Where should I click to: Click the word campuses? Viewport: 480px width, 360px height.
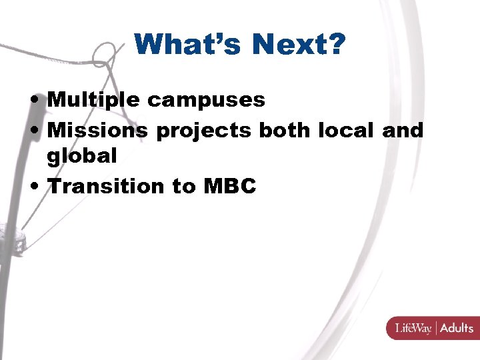(x=206, y=101)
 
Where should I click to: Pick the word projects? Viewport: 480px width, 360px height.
(x=203, y=131)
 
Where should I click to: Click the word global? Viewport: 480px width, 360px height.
(x=82, y=156)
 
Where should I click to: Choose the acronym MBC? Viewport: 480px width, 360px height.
(x=230, y=186)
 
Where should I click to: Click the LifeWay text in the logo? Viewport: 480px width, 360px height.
(x=413, y=327)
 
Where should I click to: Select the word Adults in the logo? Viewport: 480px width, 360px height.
(x=457, y=327)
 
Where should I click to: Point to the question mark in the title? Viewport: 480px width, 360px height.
(x=336, y=45)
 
